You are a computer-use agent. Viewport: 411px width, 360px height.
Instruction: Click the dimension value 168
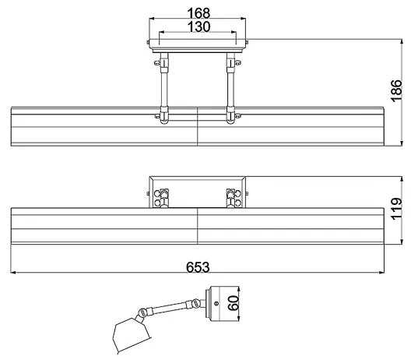[198, 12]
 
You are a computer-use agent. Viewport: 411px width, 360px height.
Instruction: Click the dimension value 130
[198, 26]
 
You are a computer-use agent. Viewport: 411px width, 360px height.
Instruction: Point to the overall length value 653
[198, 266]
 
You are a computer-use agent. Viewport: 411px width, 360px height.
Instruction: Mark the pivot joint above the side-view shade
[142, 312]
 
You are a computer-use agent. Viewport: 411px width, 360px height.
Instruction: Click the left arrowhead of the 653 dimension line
[15, 274]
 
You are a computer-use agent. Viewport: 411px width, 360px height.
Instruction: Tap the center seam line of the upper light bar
[198, 126]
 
